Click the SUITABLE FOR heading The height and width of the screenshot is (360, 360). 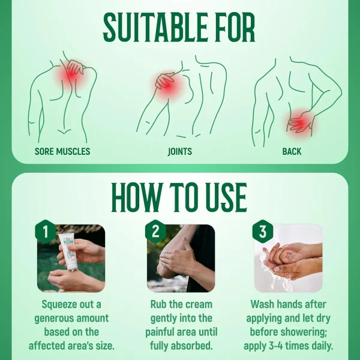(179, 26)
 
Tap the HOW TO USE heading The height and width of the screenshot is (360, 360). (179, 197)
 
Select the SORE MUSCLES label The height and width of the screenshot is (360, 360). (62, 151)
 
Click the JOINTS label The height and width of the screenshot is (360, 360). (180, 151)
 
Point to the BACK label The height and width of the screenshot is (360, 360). (292, 151)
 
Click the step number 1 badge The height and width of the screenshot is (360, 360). (46, 231)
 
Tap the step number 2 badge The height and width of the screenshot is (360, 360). (155, 231)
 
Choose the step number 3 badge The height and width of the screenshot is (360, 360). (263, 231)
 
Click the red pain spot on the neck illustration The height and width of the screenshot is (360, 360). (71, 74)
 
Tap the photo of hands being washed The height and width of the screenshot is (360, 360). (288, 258)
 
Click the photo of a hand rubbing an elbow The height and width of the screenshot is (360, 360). (181, 258)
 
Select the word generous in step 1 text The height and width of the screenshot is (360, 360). (54, 319)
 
